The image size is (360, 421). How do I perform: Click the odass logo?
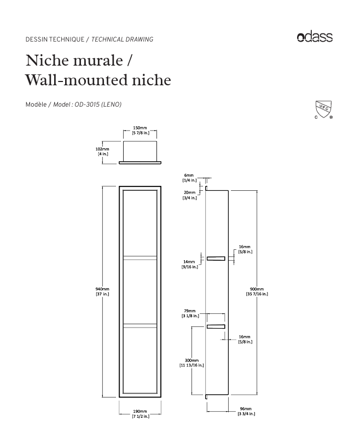(x=315, y=37)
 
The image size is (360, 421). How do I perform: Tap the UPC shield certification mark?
(x=323, y=109)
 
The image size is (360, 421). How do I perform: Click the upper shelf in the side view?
(x=216, y=258)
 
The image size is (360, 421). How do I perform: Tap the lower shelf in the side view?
(x=216, y=326)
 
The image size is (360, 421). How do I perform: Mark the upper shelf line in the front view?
(x=140, y=256)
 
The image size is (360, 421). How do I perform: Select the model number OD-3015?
(x=86, y=104)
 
